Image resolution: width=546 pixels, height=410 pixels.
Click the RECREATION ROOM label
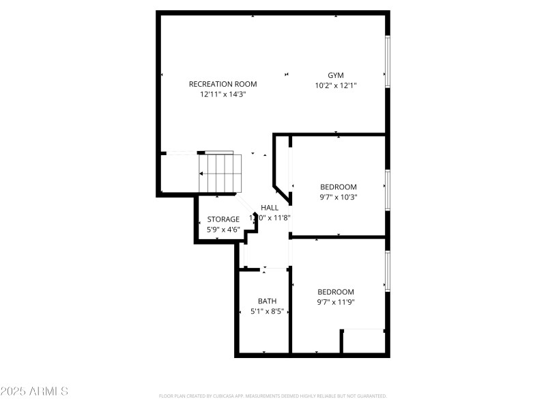[222, 84]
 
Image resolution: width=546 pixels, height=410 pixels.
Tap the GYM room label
[336, 75]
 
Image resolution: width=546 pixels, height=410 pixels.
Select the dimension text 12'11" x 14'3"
[222, 94]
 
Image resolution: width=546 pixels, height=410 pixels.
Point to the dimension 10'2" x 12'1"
[336, 85]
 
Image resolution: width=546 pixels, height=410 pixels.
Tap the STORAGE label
[223, 219]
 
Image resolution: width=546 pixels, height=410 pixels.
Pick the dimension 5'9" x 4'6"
[223, 230]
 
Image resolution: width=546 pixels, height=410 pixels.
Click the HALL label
[270, 208]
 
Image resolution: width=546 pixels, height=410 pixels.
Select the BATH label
[267, 301]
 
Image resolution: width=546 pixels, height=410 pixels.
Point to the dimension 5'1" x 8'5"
[267, 311]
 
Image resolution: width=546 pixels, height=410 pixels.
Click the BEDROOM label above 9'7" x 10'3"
[338, 187]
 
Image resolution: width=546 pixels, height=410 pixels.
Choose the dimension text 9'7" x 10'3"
[338, 197]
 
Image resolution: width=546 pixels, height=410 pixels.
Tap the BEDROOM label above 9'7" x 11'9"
[336, 292]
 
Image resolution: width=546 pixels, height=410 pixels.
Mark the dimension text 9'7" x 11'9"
[336, 302]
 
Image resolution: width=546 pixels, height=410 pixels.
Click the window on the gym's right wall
[387, 61]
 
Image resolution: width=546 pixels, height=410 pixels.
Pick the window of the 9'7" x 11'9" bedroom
[387, 271]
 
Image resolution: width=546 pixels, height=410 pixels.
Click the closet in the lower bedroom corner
[364, 341]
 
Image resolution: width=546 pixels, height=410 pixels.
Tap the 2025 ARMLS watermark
[34, 392]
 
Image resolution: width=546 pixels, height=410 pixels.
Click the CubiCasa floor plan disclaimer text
[273, 396]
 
